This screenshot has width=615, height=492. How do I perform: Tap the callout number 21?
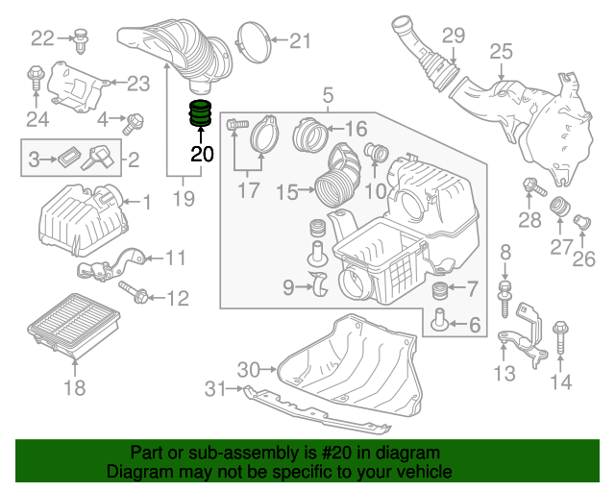pos(301,40)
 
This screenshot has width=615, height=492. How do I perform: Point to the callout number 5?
pos(328,95)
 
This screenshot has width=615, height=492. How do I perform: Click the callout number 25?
pos(501,51)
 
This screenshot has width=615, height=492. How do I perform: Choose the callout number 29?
pos(453,36)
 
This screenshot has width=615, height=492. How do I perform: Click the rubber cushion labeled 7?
pos(438,290)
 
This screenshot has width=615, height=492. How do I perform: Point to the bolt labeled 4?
pos(134,122)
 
